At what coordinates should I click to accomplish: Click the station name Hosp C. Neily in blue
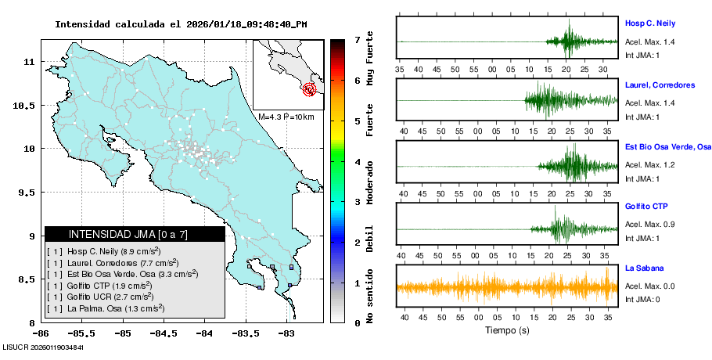[x=649, y=23]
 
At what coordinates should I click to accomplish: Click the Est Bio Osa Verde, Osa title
[x=667, y=146]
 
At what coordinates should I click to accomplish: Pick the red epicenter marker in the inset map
[x=310, y=89]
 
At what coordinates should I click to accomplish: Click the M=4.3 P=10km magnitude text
[x=286, y=117]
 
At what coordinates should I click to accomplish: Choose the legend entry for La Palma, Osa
[x=106, y=308]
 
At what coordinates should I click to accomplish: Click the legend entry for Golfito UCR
[x=106, y=297]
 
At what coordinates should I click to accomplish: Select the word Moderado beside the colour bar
[x=370, y=181]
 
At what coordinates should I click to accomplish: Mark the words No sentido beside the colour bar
[x=370, y=297]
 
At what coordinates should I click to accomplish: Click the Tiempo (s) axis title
[x=506, y=330]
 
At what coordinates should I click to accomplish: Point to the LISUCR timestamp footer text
[x=43, y=347]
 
